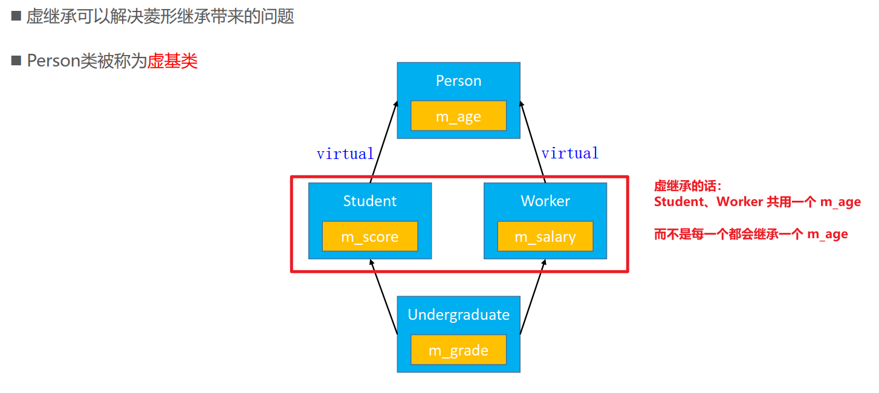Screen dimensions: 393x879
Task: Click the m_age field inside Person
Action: point(458,116)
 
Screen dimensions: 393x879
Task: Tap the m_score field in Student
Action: point(369,236)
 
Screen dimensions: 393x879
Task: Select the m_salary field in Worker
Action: point(545,236)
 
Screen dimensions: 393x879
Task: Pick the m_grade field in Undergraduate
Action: point(458,350)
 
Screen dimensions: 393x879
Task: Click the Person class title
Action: point(458,81)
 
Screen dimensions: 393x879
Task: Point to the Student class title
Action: point(369,201)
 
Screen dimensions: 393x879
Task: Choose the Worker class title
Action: point(545,201)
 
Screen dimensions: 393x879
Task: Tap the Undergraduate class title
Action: point(458,315)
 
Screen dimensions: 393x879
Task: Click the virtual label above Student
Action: point(345,154)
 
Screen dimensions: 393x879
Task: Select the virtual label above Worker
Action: point(569,154)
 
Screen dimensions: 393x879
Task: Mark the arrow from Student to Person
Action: point(384,142)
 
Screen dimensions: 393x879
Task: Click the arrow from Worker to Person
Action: point(532,142)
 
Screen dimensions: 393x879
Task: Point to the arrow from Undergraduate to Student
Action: point(384,296)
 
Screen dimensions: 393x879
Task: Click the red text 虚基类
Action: point(172,61)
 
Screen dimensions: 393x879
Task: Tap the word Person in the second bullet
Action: point(53,61)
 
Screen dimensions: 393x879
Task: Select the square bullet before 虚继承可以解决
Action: point(16,16)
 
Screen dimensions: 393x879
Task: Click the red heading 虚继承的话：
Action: point(687,186)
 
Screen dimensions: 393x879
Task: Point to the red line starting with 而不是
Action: point(750,234)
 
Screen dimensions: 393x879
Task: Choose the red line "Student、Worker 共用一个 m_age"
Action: point(757,202)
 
